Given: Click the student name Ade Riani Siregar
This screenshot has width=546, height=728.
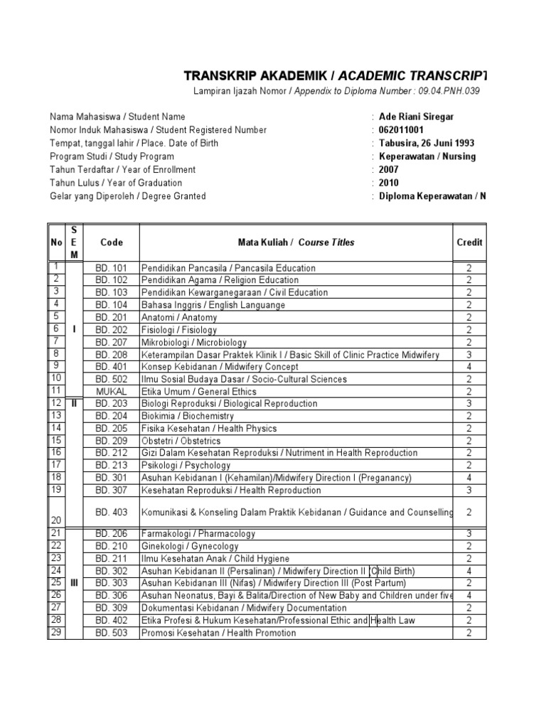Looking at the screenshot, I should (416, 117).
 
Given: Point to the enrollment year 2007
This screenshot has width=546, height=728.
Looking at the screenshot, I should (389, 170).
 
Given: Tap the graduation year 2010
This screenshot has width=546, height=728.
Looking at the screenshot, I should (389, 183).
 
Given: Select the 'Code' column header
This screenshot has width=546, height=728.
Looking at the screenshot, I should (112, 242).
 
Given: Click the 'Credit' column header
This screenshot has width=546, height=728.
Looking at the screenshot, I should (469, 242).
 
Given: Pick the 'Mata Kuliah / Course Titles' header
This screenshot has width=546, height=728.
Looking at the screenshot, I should (296, 242).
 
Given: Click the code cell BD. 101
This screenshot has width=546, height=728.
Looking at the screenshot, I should (112, 268).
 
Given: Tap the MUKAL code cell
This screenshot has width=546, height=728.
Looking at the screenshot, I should (112, 391).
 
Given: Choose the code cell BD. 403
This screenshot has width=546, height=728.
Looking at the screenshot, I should (112, 512).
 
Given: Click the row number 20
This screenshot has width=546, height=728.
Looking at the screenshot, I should (55, 520).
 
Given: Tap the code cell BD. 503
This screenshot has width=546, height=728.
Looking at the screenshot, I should (112, 633).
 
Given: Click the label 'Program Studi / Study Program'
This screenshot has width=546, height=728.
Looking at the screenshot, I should (112, 156).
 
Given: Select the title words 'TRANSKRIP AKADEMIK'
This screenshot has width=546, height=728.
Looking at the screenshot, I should (248, 76).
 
